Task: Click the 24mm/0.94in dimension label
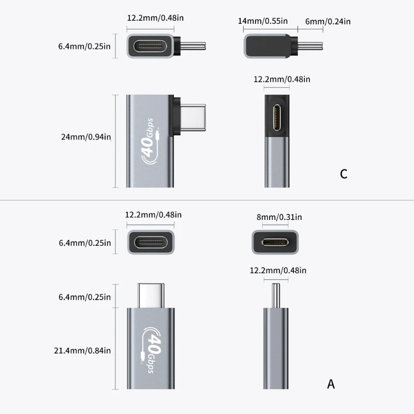coord(86,137)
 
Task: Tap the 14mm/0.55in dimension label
coord(263,21)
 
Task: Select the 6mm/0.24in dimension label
coord(328,21)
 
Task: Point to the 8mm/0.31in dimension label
coord(279,217)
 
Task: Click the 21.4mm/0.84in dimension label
coord(82,351)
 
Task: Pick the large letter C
coord(344,174)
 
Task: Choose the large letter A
coord(331,384)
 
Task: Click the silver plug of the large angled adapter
coord(193,117)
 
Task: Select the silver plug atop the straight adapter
coord(151,295)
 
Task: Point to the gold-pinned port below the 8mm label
coord(275,242)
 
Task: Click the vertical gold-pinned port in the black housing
coord(277,117)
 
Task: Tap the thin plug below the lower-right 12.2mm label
coord(276,295)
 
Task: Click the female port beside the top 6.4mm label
coord(151,47)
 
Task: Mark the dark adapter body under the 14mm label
coord(268,46)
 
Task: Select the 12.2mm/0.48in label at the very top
coord(155,18)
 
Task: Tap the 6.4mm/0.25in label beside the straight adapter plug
coord(84,297)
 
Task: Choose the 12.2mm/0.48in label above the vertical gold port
coord(282,79)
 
